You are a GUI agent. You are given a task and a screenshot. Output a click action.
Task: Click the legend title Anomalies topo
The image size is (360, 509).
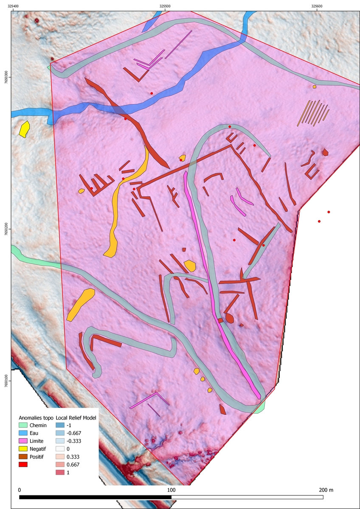(x=35, y=418)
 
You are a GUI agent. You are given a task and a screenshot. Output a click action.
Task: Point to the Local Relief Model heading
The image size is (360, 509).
(x=76, y=418)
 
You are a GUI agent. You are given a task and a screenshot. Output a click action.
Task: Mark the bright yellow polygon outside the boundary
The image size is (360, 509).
(x=25, y=129)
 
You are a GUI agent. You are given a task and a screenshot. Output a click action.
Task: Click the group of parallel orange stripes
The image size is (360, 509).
(x=313, y=113)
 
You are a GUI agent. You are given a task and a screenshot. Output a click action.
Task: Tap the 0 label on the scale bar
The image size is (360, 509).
(x=20, y=489)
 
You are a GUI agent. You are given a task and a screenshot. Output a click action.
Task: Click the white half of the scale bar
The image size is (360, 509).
(x=247, y=497)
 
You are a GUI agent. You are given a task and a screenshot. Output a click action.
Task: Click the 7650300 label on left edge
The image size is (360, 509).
(x=6, y=77)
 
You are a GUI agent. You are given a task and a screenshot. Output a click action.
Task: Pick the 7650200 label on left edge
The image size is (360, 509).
(x=6, y=229)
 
